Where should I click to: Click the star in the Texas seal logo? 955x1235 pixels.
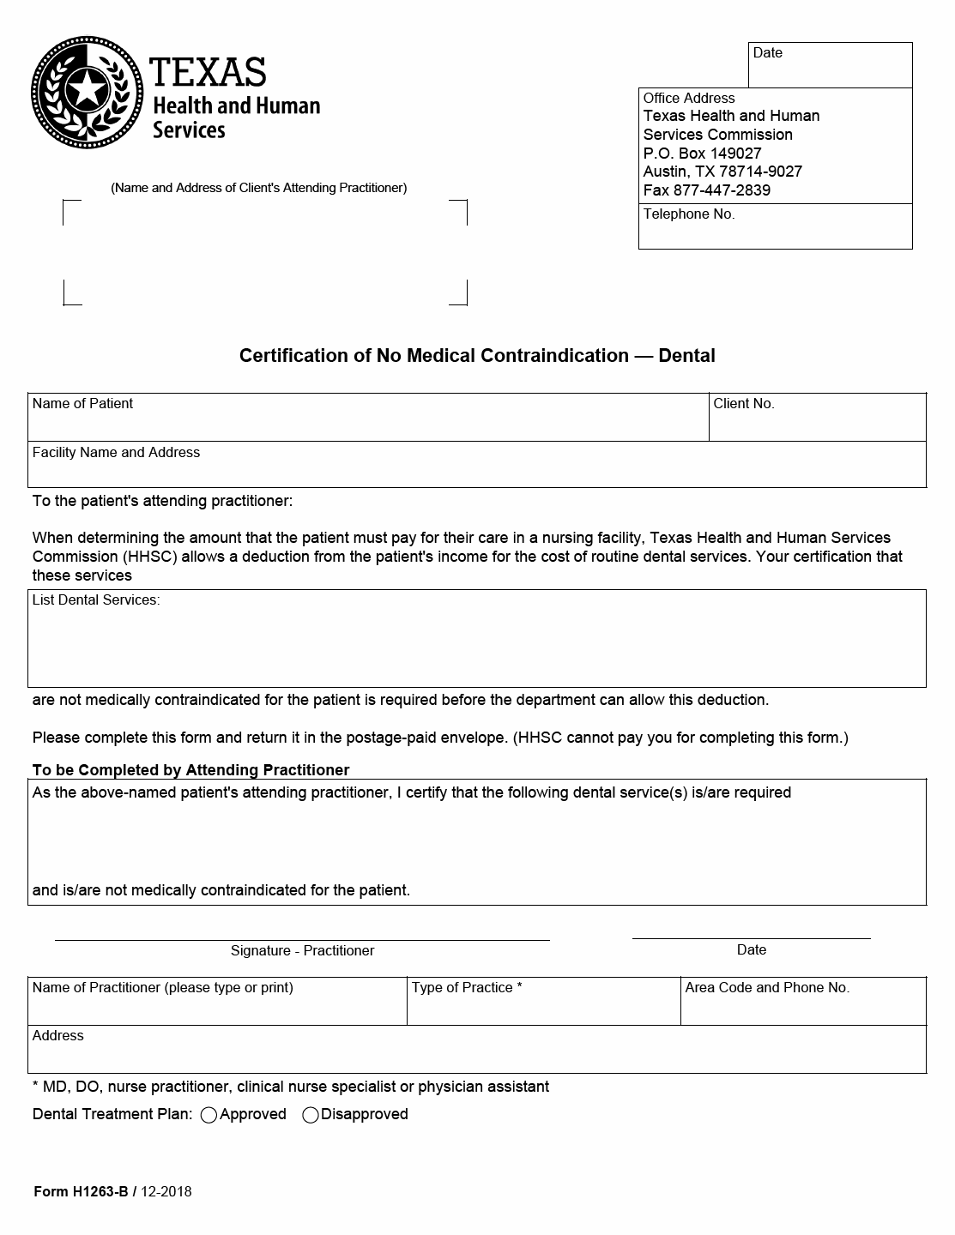click(87, 89)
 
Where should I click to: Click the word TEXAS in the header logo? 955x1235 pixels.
click(208, 73)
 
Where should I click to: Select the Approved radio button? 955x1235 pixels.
click(209, 1115)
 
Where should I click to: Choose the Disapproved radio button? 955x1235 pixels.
click(311, 1115)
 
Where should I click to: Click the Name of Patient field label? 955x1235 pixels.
click(82, 404)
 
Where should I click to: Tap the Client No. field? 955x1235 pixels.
click(817, 419)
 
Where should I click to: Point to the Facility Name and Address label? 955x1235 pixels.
click(116, 453)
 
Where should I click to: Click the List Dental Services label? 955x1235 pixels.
click(95, 600)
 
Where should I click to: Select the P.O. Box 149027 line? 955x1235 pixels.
click(702, 154)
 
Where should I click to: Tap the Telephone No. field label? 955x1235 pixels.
click(689, 214)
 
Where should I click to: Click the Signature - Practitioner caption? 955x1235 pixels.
click(302, 950)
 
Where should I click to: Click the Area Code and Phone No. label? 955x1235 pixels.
click(767, 988)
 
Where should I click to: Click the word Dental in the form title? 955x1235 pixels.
click(686, 356)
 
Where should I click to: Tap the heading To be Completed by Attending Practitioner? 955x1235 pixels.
click(190, 770)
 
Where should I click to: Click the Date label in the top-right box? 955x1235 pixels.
click(768, 53)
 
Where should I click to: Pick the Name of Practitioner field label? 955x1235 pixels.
click(162, 988)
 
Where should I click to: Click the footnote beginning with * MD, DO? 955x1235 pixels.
click(291, 1087)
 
